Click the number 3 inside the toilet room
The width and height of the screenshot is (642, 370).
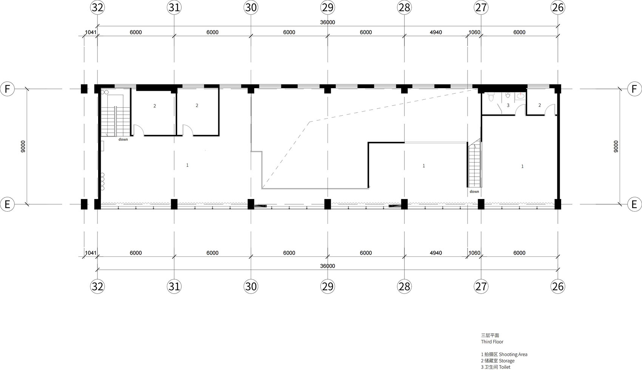click(508, 105)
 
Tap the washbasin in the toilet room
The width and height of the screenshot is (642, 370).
click(520, 96)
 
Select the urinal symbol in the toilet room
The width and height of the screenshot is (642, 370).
click(508, 95)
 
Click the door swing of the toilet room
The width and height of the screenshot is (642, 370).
click(520, 110)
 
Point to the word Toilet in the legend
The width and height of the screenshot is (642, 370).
click(505, 367)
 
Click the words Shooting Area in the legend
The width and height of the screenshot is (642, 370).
click(513, 354)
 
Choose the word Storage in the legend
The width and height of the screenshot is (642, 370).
click(507, 361)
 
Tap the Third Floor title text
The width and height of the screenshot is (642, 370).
click(492, 342)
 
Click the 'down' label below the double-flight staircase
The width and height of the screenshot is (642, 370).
click(123, 140)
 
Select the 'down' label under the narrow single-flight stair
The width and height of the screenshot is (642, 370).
click(474, 191)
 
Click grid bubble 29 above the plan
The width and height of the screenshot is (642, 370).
click(327, 8)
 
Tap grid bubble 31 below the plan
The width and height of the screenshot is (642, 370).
click(174, 286)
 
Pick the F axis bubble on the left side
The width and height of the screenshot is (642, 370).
click(7, 89)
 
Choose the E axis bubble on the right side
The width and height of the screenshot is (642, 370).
click(634, 204)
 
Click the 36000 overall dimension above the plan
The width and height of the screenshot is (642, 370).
click(327, 22)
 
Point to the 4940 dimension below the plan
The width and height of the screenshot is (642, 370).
click(436, 253)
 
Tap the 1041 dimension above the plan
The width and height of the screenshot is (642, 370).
click(91, 32)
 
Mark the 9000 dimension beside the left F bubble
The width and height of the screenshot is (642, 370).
click(23, 146)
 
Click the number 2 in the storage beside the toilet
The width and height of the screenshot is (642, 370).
click(540, 105)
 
